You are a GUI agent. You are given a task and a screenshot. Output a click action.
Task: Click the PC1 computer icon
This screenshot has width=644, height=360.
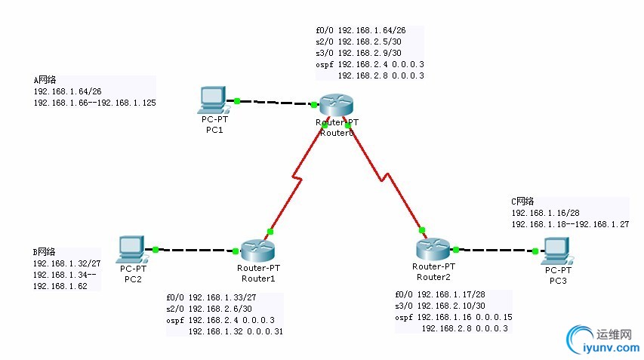click(212, 98)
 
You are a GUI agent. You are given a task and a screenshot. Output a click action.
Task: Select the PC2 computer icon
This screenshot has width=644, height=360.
click(131, 248)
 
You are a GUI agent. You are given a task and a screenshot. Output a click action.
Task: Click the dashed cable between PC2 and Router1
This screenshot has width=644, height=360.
click(193, 249)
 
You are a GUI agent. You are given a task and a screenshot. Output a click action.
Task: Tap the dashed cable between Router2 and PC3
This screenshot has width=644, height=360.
click(495, 250)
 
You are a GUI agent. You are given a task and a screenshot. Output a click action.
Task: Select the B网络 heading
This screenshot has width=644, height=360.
click(45, 252)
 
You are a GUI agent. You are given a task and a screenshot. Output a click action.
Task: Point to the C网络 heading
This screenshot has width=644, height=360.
click(522, 202)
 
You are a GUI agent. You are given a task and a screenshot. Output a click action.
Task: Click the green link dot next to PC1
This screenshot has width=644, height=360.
click(237, 100)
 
